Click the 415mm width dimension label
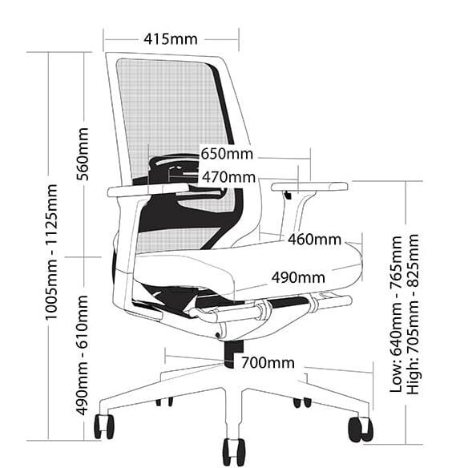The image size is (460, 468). pyautogui.click(x=171, y=39)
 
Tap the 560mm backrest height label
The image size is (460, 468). pyautogui.click(x=83, y=154)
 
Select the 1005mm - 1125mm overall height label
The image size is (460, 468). pyautogui.click(x=51, y=252)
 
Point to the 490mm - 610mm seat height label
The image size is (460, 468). pyautogui.click(x=83, y=355)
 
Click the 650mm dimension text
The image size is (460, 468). pyautogui.click(x=227, y=154)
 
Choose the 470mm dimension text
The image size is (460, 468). pyautogui.click(x=228, y=177)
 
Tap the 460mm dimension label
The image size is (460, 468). pyautogui.click(x=314, y=240)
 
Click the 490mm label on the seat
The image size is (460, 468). pyautogui.click(x=298, y=277)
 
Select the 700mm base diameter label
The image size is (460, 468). pyautogui.click(x=268, y=363)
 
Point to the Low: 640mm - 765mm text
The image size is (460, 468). pyautogui.click(x=397, y=314)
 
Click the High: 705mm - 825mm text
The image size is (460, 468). pyautogui.click(x=414, y=313)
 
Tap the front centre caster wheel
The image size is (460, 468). pyautogui.click(x=234, y=452)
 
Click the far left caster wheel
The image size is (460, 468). pyautogui.click(x=104, y=427)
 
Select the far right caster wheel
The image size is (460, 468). pyautogui.click(x=361, y=430)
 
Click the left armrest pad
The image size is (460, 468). pyautogui.click(x=148, y=190)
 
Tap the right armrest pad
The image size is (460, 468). pyautogui.click(x=309, y=187)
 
